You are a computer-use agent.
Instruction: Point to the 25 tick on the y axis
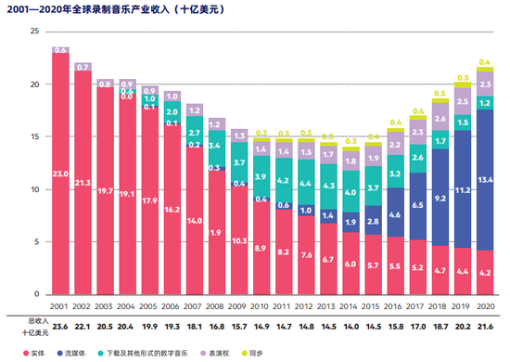point(33,32)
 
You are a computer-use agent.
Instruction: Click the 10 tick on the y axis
point(33,189)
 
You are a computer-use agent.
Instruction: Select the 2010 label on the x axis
point(261,306)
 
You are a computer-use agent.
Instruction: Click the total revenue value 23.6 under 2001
point(61,327)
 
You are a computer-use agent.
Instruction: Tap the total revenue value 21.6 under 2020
point(484,327)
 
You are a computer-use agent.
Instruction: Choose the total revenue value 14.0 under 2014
point(351,327)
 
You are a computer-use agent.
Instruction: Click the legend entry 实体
point(78,352)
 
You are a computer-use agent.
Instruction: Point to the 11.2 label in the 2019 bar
point(462,190)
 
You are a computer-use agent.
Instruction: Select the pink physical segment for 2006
point(172,210)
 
